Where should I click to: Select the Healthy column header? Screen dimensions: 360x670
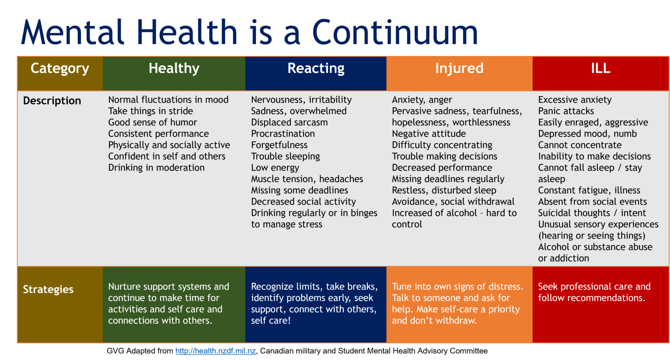(x=174, y=68)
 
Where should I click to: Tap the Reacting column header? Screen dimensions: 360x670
(x=316, y=68)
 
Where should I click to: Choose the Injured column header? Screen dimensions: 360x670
(x=459, y=68)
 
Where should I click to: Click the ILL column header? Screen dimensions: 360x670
(x=600, y=68)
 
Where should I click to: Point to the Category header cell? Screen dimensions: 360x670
(x=60, y=68)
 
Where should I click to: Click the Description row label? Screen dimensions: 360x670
(x=52, y=101)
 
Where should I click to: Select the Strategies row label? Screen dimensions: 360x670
(x=48, y=289)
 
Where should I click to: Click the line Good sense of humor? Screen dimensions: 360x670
(x=152, y=122)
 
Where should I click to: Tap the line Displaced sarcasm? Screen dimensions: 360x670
(x=289, y=122)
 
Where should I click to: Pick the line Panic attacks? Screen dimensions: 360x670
(x=566, y=111)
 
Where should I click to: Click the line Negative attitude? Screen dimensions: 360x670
(x=429, y=134)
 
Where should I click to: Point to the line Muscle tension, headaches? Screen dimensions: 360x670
(x=307, y=179)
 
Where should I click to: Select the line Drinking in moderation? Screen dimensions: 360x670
(x=156, y=168)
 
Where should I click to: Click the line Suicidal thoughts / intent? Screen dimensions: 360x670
(x=592, y=213)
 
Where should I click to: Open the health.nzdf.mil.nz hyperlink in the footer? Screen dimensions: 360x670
(x=215, y=351)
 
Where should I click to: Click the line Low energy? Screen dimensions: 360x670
(x=275, y=168)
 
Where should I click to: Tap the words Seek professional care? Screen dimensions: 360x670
(x=582, y=286)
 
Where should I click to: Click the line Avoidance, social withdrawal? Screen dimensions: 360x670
(x=453, y=201)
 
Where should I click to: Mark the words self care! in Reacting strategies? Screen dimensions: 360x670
(x=271, y=320)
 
